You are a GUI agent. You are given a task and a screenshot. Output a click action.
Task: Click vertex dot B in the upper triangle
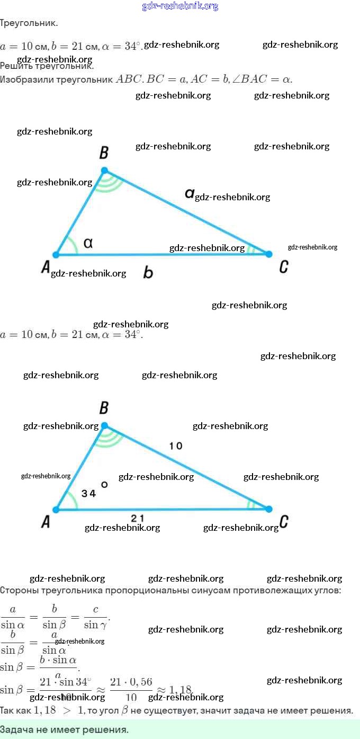pos(104,170)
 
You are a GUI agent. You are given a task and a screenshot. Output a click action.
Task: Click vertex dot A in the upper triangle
pos(56,255)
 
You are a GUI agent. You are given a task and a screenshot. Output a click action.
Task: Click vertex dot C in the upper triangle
pos(268,254)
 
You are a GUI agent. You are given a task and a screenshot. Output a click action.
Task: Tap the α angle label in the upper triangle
pos(88,243)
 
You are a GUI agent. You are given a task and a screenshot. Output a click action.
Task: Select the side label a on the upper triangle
pos(189,194)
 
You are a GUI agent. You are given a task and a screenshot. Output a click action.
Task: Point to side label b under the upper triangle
pos(148,272)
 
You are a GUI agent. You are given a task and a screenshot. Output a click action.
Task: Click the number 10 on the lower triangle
pos(176,446)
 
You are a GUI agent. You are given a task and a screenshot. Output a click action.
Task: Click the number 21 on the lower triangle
pos(137,518)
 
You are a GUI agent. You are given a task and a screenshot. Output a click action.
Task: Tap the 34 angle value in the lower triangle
pos(88,493)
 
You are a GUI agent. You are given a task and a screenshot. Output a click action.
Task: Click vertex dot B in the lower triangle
pos(104,425)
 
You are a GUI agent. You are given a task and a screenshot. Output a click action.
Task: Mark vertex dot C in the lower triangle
pos(268,509)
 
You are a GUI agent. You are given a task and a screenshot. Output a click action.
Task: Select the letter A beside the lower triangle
pos(46,522)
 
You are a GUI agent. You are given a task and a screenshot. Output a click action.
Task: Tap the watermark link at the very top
pos(180,6)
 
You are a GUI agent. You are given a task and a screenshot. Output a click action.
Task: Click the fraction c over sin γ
pos(95,617)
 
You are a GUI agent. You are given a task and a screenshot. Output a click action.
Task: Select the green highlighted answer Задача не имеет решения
pos(64,729)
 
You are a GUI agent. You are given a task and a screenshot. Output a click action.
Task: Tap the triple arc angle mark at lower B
pos(110,437)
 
